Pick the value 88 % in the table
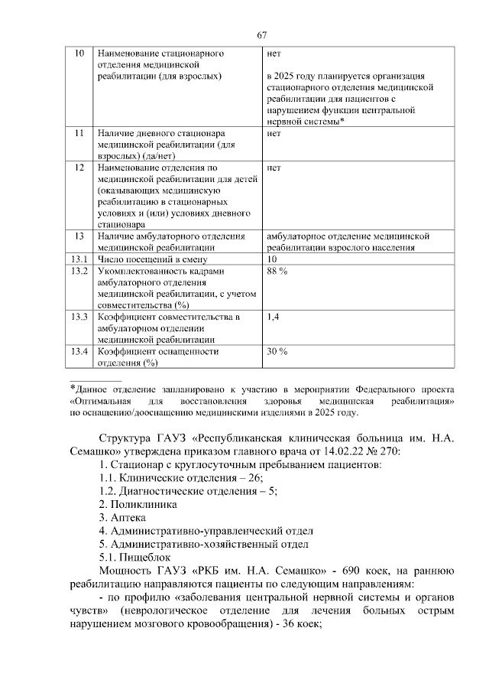[x=277, y=272]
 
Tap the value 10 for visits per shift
[x=272, y=259]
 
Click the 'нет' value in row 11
[x=274, y=133]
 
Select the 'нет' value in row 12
[x=274, y=166]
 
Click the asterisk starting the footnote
[x=72, y=388]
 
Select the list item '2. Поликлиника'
[x=138, y=504]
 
